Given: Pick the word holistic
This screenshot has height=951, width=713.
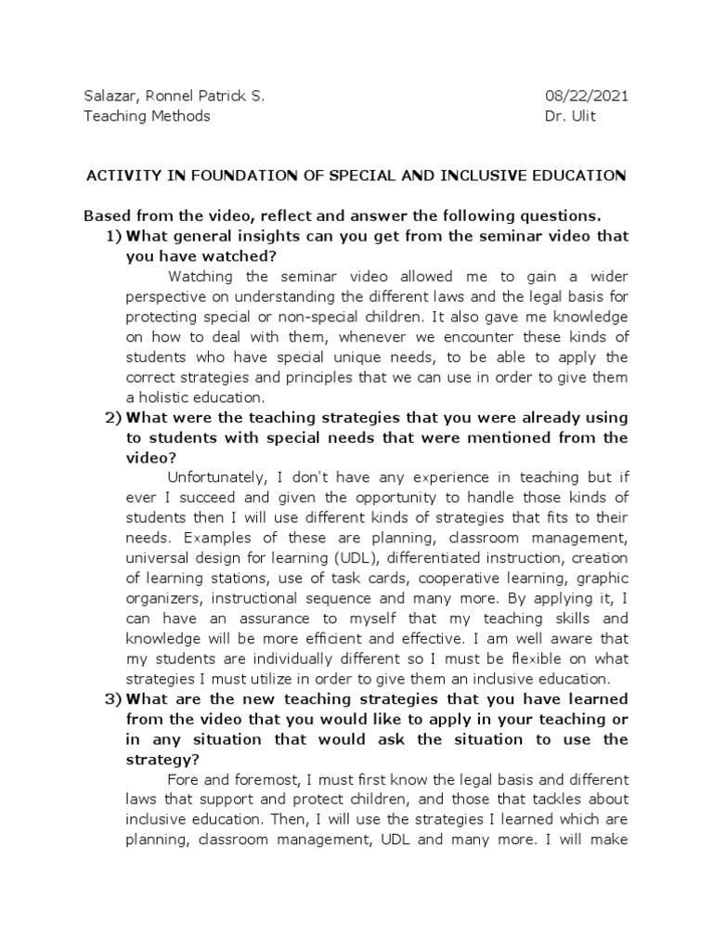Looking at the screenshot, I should [166, 397].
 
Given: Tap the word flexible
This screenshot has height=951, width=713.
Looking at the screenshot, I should [528, 658].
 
